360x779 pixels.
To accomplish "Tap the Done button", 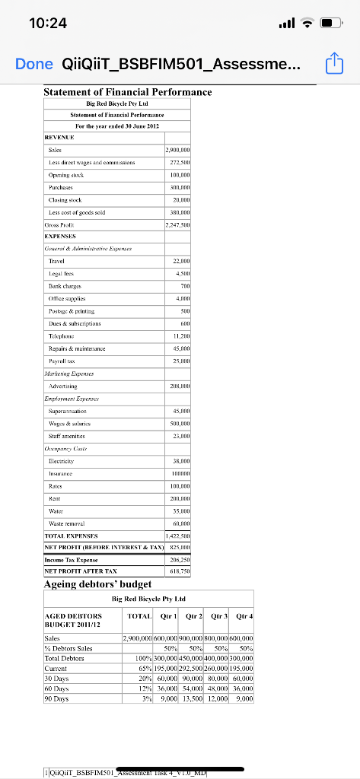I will coord(34,65).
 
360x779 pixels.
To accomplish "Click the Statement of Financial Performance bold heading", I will coord(127,92).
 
